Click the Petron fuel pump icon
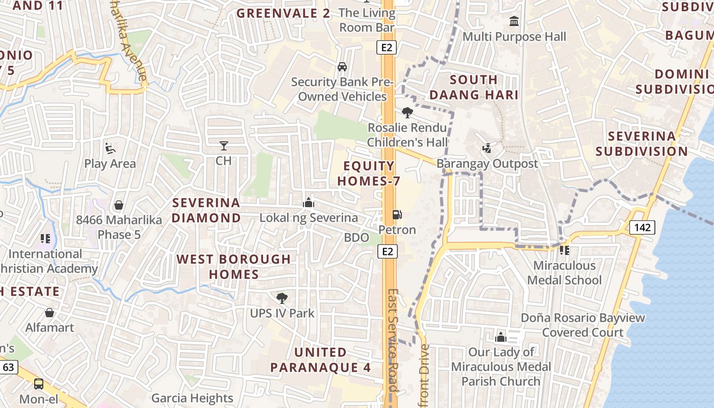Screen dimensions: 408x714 (x=397, y=215)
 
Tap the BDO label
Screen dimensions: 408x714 (x=356, y=237)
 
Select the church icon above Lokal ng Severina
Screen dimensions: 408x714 (x=309, y=203)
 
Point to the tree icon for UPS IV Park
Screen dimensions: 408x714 (x=282, y=298)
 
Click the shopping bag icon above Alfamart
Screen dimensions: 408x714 (x=49, y=313)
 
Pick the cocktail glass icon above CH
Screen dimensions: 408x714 (x=223, y=146)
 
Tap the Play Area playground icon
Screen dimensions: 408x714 (x=110, y=148)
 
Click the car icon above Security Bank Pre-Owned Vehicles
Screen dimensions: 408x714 (x=342, y=67)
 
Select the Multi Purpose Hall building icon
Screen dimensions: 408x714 (x=514, y=22)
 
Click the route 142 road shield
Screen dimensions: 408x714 (x=642, y=227)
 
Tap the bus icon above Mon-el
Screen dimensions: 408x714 (x=39, y=384)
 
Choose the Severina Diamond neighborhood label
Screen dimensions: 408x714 (x=206, y=210)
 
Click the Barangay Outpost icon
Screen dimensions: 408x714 (x=487, y=148)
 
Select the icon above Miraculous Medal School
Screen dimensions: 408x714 (x=564, y=250)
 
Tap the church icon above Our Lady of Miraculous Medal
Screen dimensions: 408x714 (x=501, y=337)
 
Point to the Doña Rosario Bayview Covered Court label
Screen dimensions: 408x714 (x=582, y=325)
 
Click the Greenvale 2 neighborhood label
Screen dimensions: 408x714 (x=284, y=14)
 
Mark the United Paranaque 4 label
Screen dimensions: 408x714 (x=321, y=360)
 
